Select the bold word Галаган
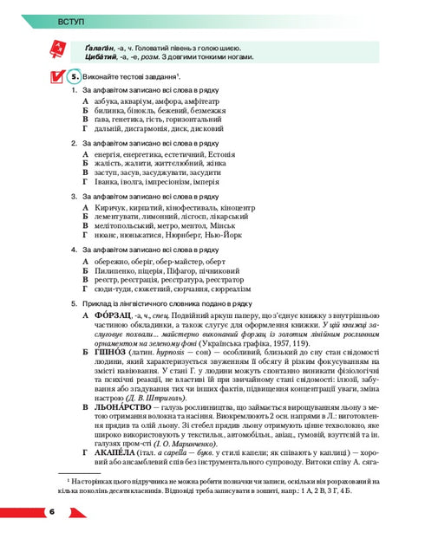coord(99,46)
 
